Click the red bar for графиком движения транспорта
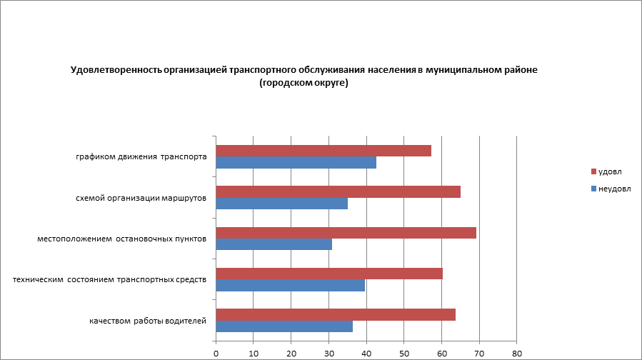click(x=323, y=151)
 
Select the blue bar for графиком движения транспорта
click(x=296, y=162)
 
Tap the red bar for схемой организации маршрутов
click(x=338, y=191)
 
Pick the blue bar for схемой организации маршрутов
click(x=281, y=204)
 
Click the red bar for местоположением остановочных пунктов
click(x=346, y=233)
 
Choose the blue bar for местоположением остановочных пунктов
click(x=274, y=244)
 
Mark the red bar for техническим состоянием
click(x=329, y=274)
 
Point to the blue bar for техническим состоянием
click(x=290, y=286)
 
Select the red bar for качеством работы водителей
click(x=336, y=315)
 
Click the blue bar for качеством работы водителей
click(x=284, y=326)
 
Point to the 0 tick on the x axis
click(x=216, y=353)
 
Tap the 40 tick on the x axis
click(x=366, y=353)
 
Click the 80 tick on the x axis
click(x=517, y=353)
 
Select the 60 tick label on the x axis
click(x=442, y=353)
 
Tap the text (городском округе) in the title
click(x=304, y=83)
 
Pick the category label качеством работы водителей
click(x=148, y=321)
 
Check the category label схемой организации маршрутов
click(x=141, y=198)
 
